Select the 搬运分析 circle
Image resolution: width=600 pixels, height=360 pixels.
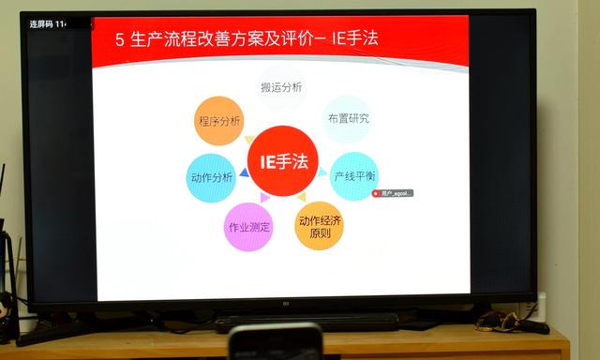(x=281, y=87)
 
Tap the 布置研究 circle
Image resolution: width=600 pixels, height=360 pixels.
(x=347, y=118)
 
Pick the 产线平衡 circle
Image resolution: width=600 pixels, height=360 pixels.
(x=353, y=175)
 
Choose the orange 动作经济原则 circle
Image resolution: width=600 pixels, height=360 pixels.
(x=319, y=226)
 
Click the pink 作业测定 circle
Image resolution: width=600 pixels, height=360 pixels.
(x=248, y=227)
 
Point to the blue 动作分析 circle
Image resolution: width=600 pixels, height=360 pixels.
(x=211, y=177)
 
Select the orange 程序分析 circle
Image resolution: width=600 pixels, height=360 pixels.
(x=218, y=121)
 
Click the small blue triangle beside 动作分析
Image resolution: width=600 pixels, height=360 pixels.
(x=244, y=172)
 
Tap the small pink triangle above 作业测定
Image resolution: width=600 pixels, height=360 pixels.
(x=265, y=198)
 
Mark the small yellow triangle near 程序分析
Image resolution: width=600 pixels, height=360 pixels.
(x=249, y=140)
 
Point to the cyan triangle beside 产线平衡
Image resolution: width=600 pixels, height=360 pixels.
(x=323, y=172)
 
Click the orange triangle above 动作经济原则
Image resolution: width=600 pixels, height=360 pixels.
(x=301, y=198)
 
